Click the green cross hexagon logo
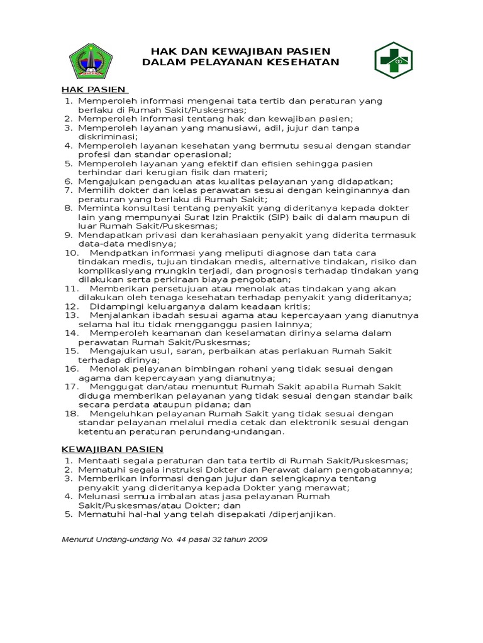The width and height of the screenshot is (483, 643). (x=394, y=60)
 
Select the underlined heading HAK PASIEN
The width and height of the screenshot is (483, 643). (x=94, y=90)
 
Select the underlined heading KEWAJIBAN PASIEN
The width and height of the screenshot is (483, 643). (x=112, y=449)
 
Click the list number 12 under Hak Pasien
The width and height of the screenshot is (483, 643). (x=71, y=306)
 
